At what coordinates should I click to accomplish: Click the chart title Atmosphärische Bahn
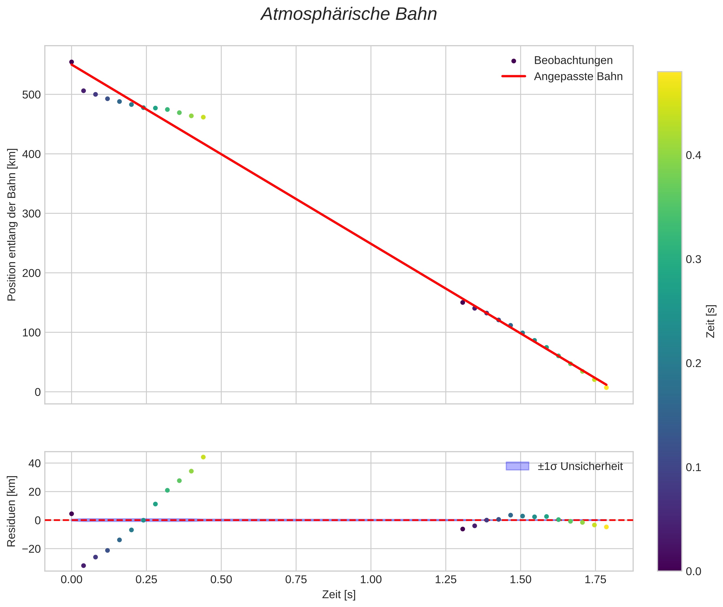(349, 14)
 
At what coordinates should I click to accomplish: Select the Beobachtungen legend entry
(573, 61)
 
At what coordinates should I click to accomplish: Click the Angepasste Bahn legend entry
(578, 76)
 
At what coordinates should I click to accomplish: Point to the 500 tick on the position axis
(31, 95)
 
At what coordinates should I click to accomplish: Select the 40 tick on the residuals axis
(34, 463)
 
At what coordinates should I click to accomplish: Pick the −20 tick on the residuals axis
(31, 549)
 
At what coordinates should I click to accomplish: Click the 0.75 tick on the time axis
(296, 580)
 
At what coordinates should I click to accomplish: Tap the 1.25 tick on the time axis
(446, 580)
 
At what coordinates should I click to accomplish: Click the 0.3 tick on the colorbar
(693, 259)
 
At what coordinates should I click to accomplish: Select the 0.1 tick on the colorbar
(693, 467)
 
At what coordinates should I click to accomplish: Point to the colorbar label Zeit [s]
(711, 321)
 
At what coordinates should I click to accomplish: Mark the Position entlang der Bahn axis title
(11, 225)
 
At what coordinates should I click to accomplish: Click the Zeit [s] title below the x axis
(339, 595)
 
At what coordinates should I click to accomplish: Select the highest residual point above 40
(203, 457)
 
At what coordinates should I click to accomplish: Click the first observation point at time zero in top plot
(72, 62)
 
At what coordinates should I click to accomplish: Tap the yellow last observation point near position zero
(606, 388)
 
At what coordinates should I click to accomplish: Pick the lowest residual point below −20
(83, 565)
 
